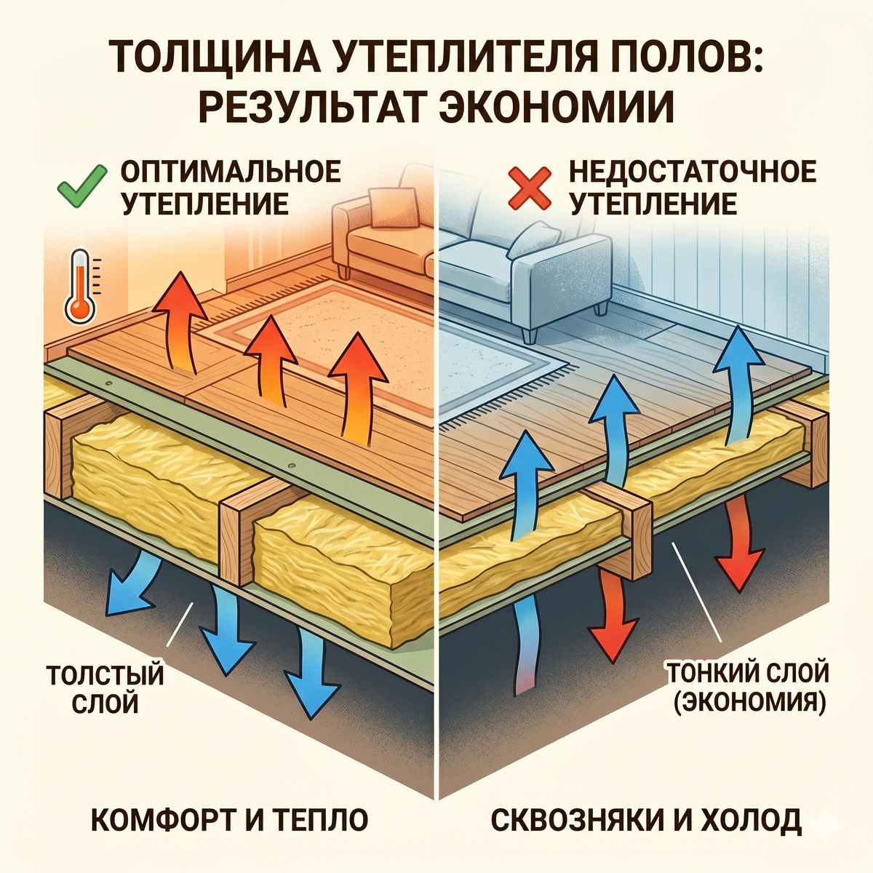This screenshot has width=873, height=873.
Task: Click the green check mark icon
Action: click(82, 186)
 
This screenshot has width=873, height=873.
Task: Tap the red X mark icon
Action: click(530, 188)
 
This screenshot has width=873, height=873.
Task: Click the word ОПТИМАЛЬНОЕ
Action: click(231, 171)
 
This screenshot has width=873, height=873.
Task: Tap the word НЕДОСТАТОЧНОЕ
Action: click(693, 171)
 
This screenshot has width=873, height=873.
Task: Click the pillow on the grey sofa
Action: click(537, 240)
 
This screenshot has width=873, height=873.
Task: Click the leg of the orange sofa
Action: click(343, 271)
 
